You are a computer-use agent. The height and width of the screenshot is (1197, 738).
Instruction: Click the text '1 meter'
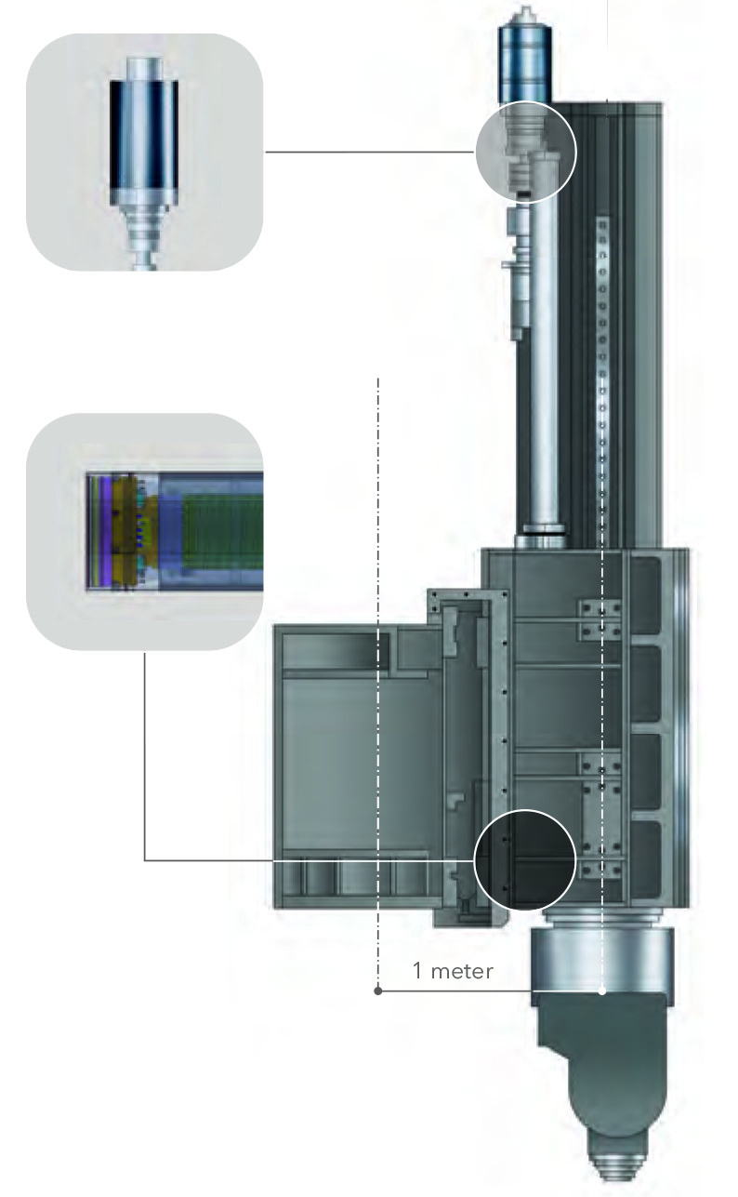[x=453, y=970]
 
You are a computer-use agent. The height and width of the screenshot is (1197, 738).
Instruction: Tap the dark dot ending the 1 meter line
[x=378, y=991]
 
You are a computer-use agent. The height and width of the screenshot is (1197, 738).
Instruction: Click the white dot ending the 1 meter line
[x=601, y=991]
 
